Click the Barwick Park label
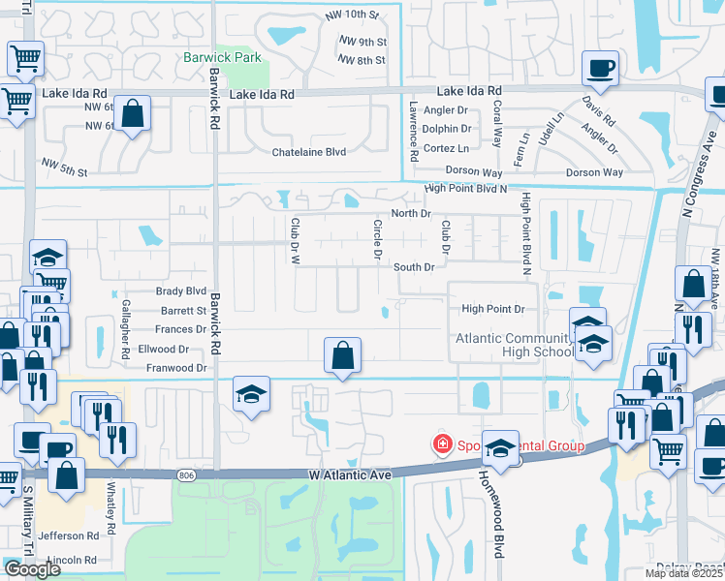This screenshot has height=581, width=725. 222,57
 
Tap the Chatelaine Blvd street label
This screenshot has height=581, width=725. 309,152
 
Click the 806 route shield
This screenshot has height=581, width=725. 186,474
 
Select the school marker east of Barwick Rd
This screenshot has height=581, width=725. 251,394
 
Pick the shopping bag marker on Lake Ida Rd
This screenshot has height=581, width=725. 134,112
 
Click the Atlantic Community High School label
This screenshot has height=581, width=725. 515,345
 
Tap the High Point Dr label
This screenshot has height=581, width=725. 492,309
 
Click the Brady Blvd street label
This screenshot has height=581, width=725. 181,290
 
